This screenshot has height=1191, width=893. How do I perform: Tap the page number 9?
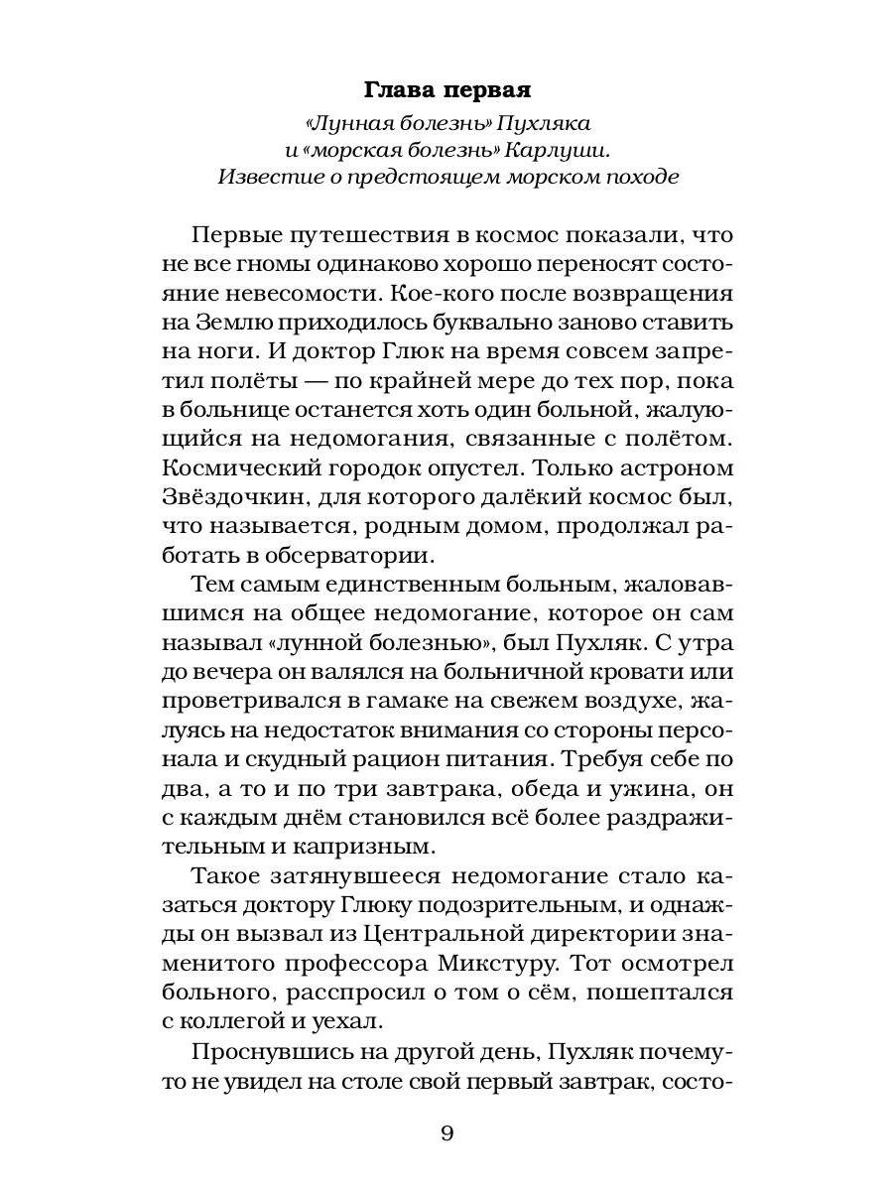pyautogui.click(x=446, y=1133)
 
